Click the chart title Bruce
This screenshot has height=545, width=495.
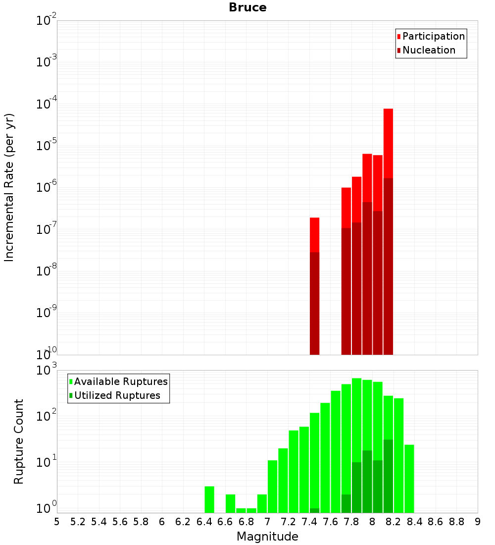click(x=247, y=8)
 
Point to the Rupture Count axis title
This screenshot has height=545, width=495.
click(x=19, y=441)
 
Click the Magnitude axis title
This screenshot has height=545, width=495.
click(x=267, y=537)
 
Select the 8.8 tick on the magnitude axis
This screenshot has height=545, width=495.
click(x=456, y=522)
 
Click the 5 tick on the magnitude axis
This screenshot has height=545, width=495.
click(x=57, y=522)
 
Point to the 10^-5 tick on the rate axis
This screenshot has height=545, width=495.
click(x=47, y=146)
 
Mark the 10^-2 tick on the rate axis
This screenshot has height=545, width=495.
click(x=47, y=21)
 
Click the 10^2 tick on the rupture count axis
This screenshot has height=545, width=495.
click(x=47, y=415)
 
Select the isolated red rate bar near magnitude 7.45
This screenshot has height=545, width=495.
click(x=314, y=235)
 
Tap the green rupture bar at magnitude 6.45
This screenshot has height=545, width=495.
click(x=209, y=499)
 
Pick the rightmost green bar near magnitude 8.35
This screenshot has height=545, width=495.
click(x=409, y=478)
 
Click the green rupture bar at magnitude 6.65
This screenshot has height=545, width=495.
click(x=230, y=503)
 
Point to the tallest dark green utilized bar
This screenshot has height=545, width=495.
click(x=388, y=476)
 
